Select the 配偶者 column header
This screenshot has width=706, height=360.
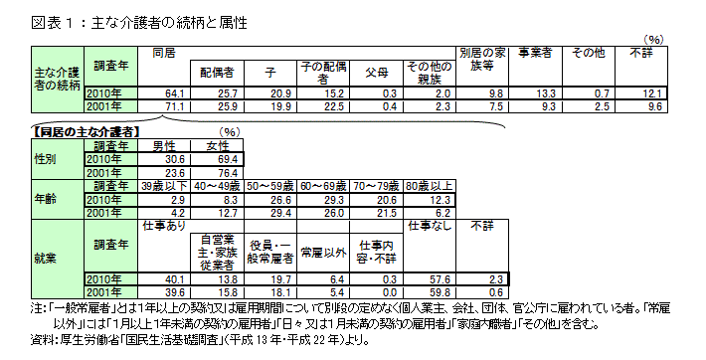pyautogui.click(x=216, y=73)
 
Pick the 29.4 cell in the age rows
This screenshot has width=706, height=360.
pyautogui.click(x=270, y=212)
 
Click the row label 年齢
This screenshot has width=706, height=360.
pyautogui.click(x=46, y=198)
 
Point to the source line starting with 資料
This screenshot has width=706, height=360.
pyautogui.click(x=199, y=339)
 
